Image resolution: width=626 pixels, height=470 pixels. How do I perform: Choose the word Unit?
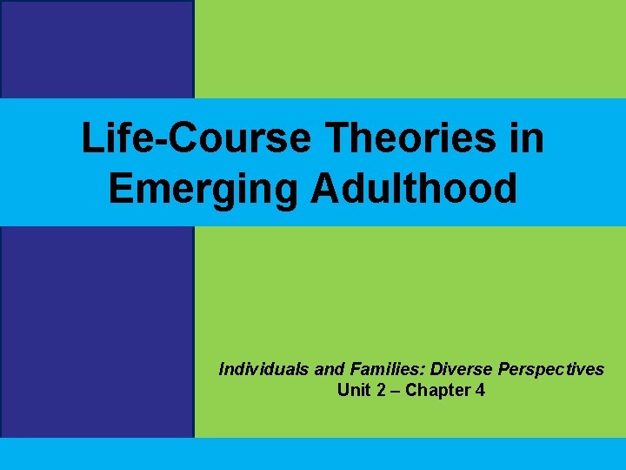click(x=352, y=390)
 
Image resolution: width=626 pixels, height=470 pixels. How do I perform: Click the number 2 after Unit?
click(x=380, y=390)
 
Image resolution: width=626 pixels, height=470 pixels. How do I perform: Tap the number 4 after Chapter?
click(x=480, y=390)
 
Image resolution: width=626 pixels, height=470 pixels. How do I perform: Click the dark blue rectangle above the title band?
click(x=97, y=49)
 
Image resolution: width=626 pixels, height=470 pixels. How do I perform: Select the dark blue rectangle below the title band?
click(x=97, y=331)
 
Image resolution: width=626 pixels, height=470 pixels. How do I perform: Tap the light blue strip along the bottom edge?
click(x=313, y=453)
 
